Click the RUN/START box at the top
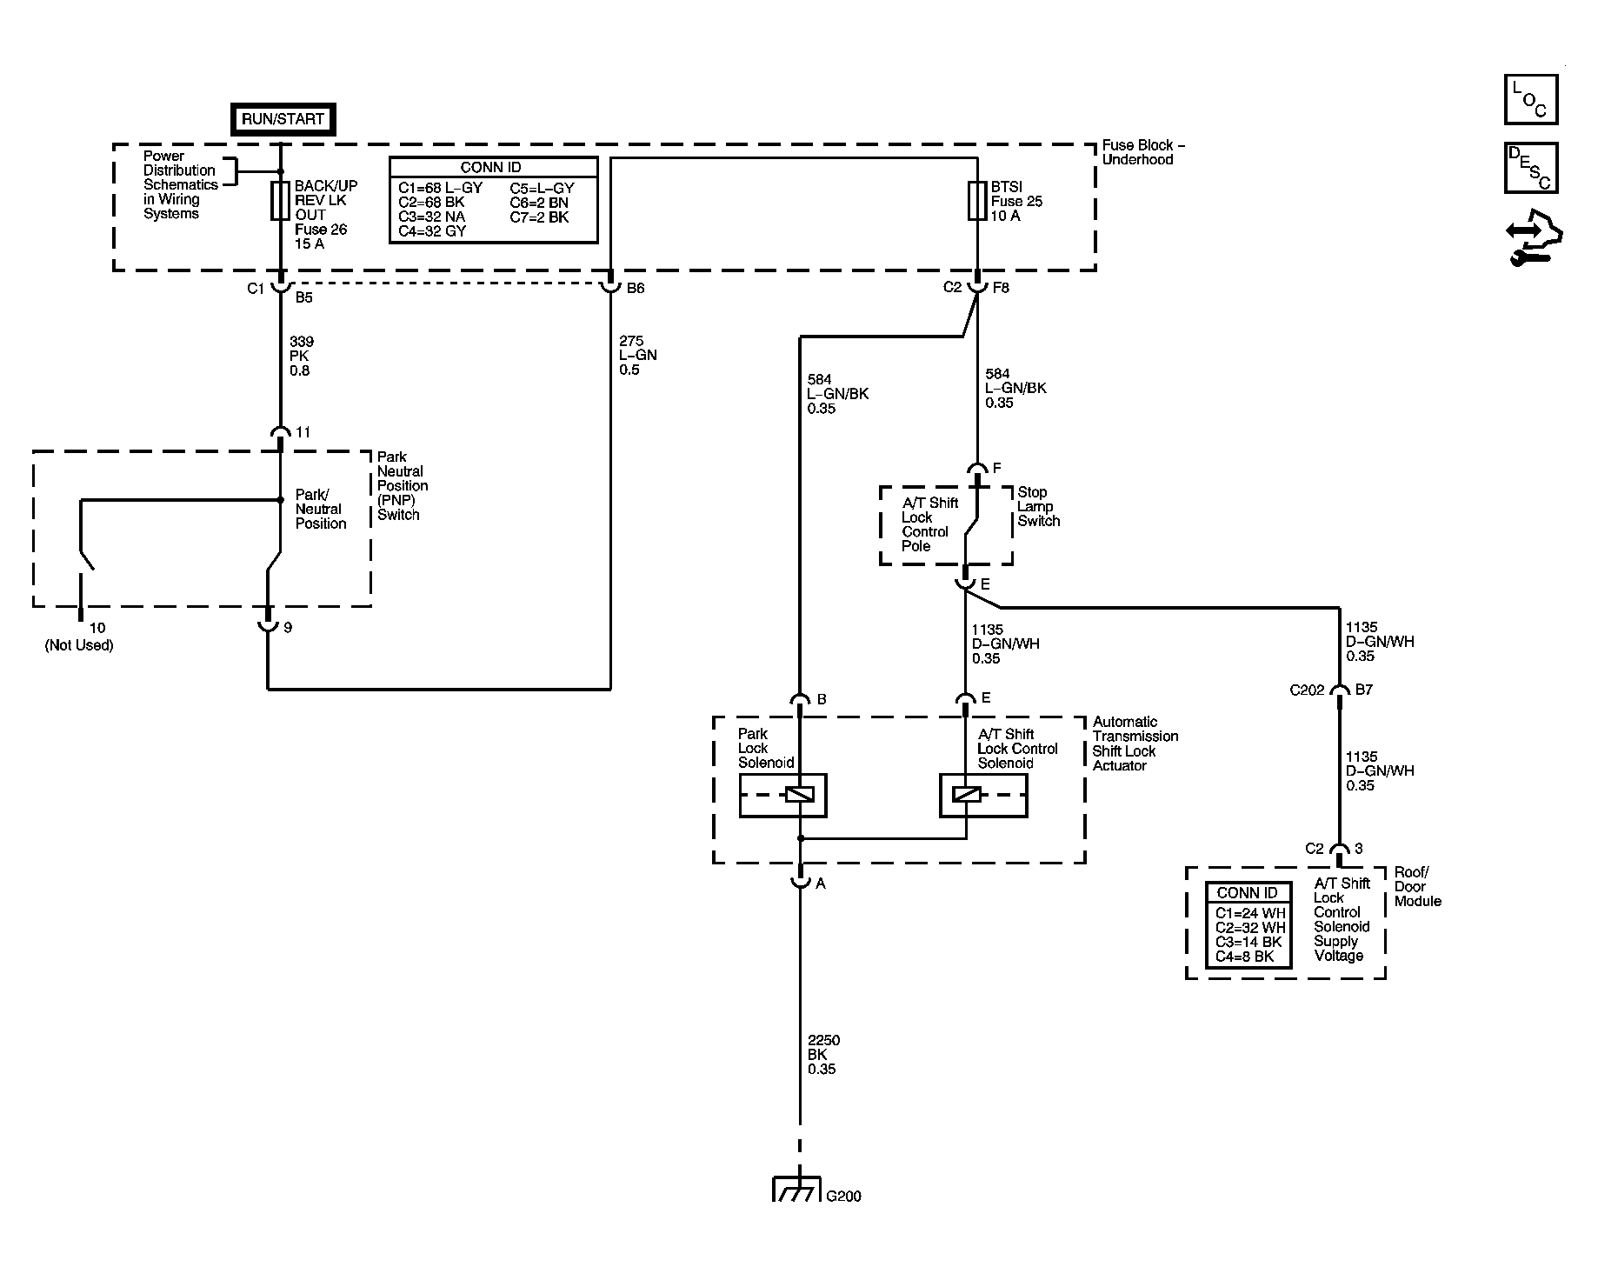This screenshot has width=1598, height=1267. [283, 120]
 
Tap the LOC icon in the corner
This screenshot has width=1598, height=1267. [1530, 100]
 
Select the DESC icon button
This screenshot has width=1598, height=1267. [1530, 168]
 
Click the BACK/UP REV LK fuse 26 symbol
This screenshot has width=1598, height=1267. [280, 201]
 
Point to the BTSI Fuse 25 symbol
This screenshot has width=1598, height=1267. [976, 201]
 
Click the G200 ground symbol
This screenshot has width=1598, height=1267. [797, 1190]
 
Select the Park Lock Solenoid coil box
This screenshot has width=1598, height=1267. [782, 795]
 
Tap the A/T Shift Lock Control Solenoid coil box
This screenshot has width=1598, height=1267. [983, 795]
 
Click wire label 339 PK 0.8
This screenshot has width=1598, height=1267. [301, 357]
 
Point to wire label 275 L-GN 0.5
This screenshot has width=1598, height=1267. [637, 356]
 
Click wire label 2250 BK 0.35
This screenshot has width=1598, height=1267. [823, 1055]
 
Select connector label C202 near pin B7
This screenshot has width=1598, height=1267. [1307, 690]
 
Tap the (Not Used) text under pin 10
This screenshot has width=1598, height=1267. [79, 645]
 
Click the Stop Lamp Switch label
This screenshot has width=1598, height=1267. [1039, 507]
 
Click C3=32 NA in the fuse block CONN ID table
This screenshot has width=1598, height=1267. [432, 217]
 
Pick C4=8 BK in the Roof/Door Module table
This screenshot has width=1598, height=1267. [1244, 957]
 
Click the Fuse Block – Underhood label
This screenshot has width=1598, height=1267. [1143, 152]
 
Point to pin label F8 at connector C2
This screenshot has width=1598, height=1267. [1000, 288]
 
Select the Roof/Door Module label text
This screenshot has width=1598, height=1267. [1417, 887]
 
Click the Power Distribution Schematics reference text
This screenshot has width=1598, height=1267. [180, 184]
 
